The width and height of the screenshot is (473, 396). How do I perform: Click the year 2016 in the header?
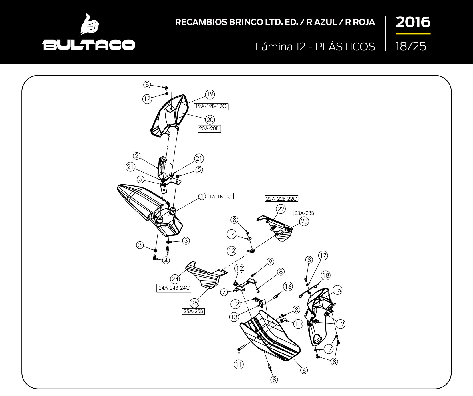coord(413,22)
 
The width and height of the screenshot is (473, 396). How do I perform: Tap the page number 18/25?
coord(411,46)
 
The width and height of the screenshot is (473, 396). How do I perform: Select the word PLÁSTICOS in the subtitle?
coord(345,46)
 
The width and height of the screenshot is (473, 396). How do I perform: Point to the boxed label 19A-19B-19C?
coord(211,106)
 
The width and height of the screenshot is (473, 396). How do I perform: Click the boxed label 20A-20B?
coord(209,128)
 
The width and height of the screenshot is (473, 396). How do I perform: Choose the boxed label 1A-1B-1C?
coord(220,196)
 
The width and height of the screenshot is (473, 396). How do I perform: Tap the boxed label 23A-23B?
coord(304,213)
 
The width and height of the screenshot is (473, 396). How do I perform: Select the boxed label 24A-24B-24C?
coord(174,288)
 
